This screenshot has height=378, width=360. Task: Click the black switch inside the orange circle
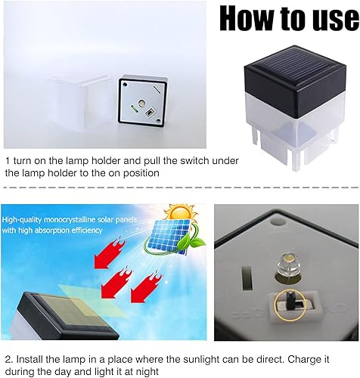coord(289,302)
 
